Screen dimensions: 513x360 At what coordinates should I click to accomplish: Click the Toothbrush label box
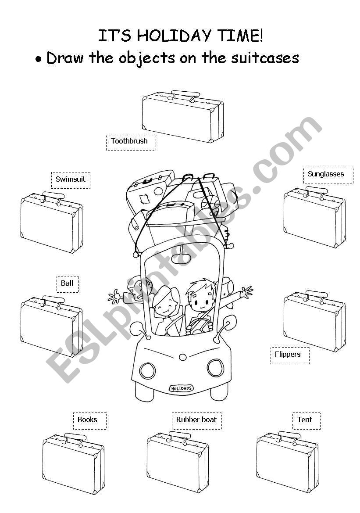pyautogui.click(x=131, y=141)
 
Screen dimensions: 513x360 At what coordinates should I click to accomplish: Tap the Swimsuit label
pyautogui.click(x=71, y=179)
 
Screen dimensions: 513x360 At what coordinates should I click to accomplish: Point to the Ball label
pyautogui.click(x=67, y=283)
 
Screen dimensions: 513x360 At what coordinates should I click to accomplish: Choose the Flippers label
pyautogui.click(x=289, y=355)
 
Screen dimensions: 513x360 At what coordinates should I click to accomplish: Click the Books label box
pyautogui.click(x=89, y=420)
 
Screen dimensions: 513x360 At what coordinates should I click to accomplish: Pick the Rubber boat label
pyautogui.click(x=196, y=420)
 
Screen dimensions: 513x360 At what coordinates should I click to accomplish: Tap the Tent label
pyautogui.click(x=306, y=420)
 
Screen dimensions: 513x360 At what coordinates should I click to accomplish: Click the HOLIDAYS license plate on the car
pyautogui.click(x=181, y=388)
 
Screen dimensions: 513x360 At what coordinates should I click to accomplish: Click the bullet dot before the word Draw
pyautogui.click(x=39, y=59)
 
